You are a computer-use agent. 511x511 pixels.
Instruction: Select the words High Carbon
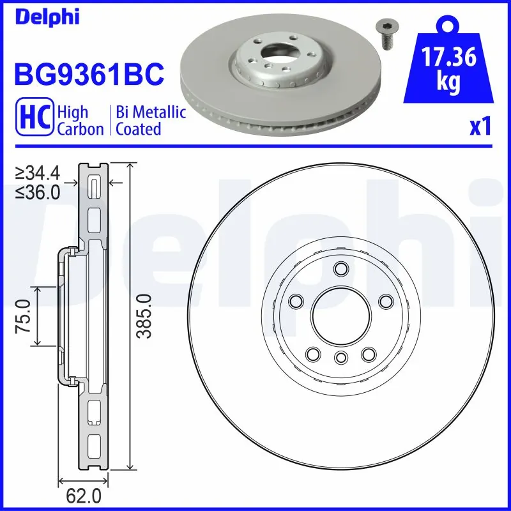(x=80, y=121)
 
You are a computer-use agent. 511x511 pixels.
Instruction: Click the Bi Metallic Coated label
(x=151, y=121)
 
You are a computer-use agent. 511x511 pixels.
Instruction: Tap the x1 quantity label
(x=480, y=127)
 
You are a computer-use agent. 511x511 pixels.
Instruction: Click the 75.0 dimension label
(x=24, y=316)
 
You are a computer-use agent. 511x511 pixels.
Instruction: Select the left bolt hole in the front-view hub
(x=296, y=301)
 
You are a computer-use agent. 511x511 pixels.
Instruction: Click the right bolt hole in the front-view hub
(x=385, y=301)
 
